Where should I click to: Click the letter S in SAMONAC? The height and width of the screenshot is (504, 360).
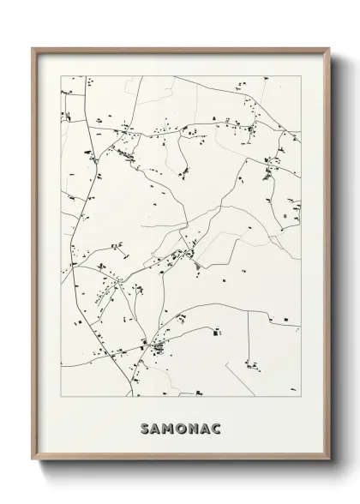142,423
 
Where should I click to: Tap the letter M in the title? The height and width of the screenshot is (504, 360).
167,423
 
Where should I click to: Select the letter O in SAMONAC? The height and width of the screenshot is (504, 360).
181,423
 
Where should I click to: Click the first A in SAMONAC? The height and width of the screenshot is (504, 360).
154,423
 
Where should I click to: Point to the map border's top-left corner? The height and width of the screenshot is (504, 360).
61,75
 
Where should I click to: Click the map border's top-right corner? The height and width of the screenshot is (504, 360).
300,75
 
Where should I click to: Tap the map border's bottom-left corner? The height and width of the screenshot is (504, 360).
61,397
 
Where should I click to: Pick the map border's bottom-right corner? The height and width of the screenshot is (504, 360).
300,397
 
